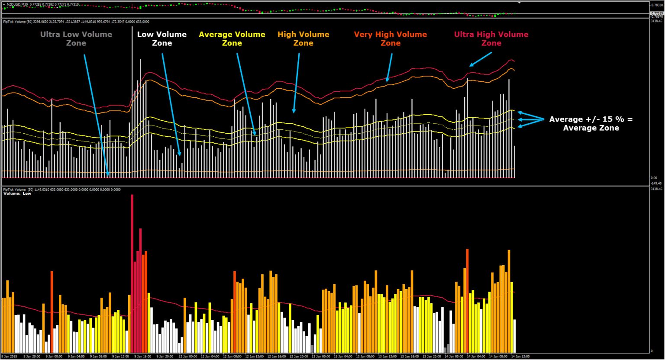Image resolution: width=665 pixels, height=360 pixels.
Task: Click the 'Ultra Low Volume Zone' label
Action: tap(76, 39)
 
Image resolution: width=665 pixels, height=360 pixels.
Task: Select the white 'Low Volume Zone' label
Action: tap(162, 39)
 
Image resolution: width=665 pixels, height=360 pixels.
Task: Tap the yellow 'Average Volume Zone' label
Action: tap(232, 39)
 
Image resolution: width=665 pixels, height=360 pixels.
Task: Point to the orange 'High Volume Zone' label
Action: tap(303, 39)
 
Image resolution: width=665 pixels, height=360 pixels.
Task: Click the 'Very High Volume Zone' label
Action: tap(391, 39)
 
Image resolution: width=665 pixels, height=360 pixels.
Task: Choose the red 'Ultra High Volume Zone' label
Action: tap(491, 39)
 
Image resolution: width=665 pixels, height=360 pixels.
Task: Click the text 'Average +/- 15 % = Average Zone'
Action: tap(591, 123)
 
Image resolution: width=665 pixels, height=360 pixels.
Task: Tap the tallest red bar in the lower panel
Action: tap(132, 273)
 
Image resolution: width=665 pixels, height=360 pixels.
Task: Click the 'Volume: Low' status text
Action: tap(17, 194)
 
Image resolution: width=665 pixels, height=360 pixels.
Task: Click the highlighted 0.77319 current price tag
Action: tap(656, 13)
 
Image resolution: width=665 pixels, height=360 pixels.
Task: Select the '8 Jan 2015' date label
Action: tap(9, 357)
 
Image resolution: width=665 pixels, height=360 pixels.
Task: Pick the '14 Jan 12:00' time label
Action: tap(520, 357)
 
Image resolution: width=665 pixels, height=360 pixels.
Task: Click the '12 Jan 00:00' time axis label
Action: tap(188, 357)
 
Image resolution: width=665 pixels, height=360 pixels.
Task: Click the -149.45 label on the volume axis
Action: tap(657, 183)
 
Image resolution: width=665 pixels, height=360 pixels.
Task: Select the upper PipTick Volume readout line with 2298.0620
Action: tap(76, 21)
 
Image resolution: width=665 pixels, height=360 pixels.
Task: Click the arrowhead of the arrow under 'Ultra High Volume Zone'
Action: tap(471, 66)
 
